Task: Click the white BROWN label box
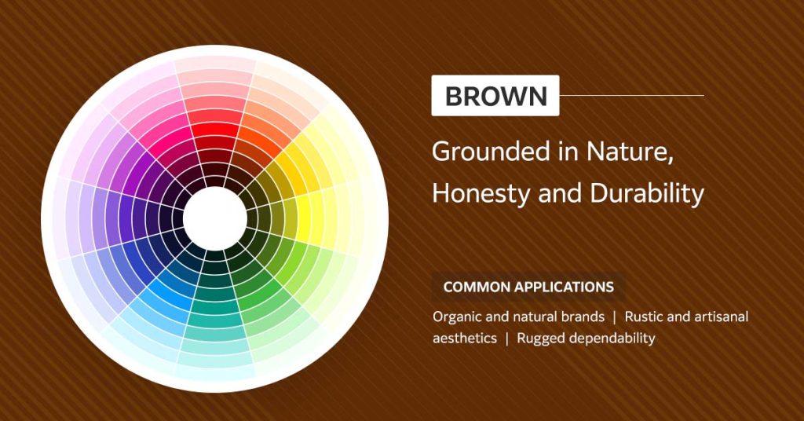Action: point(495,96)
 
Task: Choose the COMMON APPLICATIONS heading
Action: point(528,287)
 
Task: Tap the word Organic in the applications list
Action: point(456,317)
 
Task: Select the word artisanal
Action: point(721,317)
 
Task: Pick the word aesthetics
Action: point(465,339)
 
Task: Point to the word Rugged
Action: point(539,339)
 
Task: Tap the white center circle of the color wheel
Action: point(214,218)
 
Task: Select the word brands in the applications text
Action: point(586,317)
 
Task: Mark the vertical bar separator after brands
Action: point(615,317)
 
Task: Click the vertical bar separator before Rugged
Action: point(507,339)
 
